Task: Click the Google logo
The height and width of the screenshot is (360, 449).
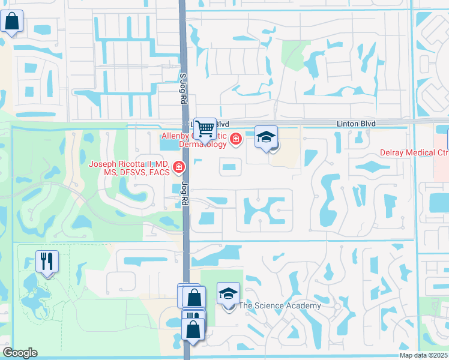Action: click(20, 353)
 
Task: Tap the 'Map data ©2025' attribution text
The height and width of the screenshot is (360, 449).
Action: click(424, 355)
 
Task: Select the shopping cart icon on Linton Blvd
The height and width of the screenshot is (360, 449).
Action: click(205, 128)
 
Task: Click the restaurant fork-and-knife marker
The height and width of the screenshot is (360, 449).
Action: click(47, 261)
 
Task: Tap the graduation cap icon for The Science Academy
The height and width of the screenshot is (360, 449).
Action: click(228, 293)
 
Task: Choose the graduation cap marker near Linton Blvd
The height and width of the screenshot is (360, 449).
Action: click(266, 137)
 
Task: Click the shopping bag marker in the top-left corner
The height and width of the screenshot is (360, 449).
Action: click(12, 21)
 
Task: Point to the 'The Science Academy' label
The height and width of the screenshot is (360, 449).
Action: click(280, 306)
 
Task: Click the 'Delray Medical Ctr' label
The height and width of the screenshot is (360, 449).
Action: click(414, 152)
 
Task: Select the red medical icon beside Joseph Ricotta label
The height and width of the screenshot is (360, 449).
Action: click(178, 167)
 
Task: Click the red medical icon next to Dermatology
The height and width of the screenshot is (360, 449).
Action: click(236, 140)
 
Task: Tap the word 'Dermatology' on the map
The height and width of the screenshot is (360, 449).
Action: click(204, 144)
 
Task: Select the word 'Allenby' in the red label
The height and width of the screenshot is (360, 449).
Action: click(175, 136)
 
